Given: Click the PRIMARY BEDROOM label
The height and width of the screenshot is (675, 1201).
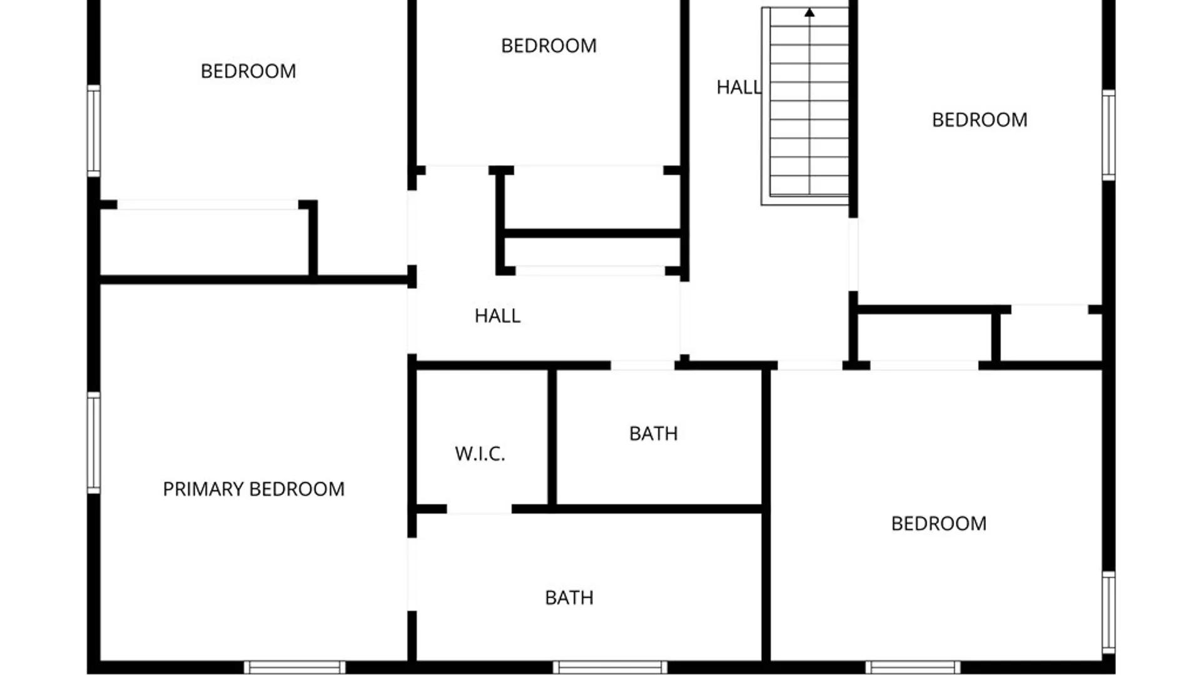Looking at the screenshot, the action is (253, 489).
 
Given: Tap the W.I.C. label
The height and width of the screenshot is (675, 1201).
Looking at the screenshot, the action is (480, 454).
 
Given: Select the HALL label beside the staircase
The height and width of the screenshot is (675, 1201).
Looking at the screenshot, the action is (739, 87).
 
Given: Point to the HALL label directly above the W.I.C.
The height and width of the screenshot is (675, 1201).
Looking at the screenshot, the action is (497, 316).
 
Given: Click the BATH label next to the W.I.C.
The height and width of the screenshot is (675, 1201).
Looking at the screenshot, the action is (653, 434).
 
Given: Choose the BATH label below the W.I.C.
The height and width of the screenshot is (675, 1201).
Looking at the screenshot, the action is (569, 598).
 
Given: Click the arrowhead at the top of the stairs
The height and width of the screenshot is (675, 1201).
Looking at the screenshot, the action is (809, 12).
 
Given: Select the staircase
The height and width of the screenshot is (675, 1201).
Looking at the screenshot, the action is (805, 106).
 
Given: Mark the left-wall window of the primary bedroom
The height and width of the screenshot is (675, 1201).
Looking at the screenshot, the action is (93, 442).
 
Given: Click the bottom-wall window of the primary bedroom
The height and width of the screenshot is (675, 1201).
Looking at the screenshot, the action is (294, 667).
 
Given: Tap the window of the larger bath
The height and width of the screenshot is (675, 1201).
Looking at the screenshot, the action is (610, 667).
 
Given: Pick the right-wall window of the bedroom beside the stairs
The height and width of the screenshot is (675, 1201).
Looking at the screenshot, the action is (1108, 135).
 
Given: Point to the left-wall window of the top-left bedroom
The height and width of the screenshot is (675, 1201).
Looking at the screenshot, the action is (93, 131).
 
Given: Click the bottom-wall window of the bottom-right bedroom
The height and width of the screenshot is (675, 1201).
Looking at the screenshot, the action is (913, 667).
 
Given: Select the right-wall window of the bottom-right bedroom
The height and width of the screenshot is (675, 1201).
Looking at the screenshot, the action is (1108, 612).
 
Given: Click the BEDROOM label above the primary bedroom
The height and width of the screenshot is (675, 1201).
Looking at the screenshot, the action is (248, 71).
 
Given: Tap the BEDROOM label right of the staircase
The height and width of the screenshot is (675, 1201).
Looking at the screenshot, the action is (980, 120).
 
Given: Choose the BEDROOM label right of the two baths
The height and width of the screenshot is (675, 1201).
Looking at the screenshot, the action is (939, 524).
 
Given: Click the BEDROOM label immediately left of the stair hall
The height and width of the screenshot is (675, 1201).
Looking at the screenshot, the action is (549, 46).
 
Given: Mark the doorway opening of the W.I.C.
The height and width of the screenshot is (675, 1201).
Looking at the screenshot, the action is (479, 509).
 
